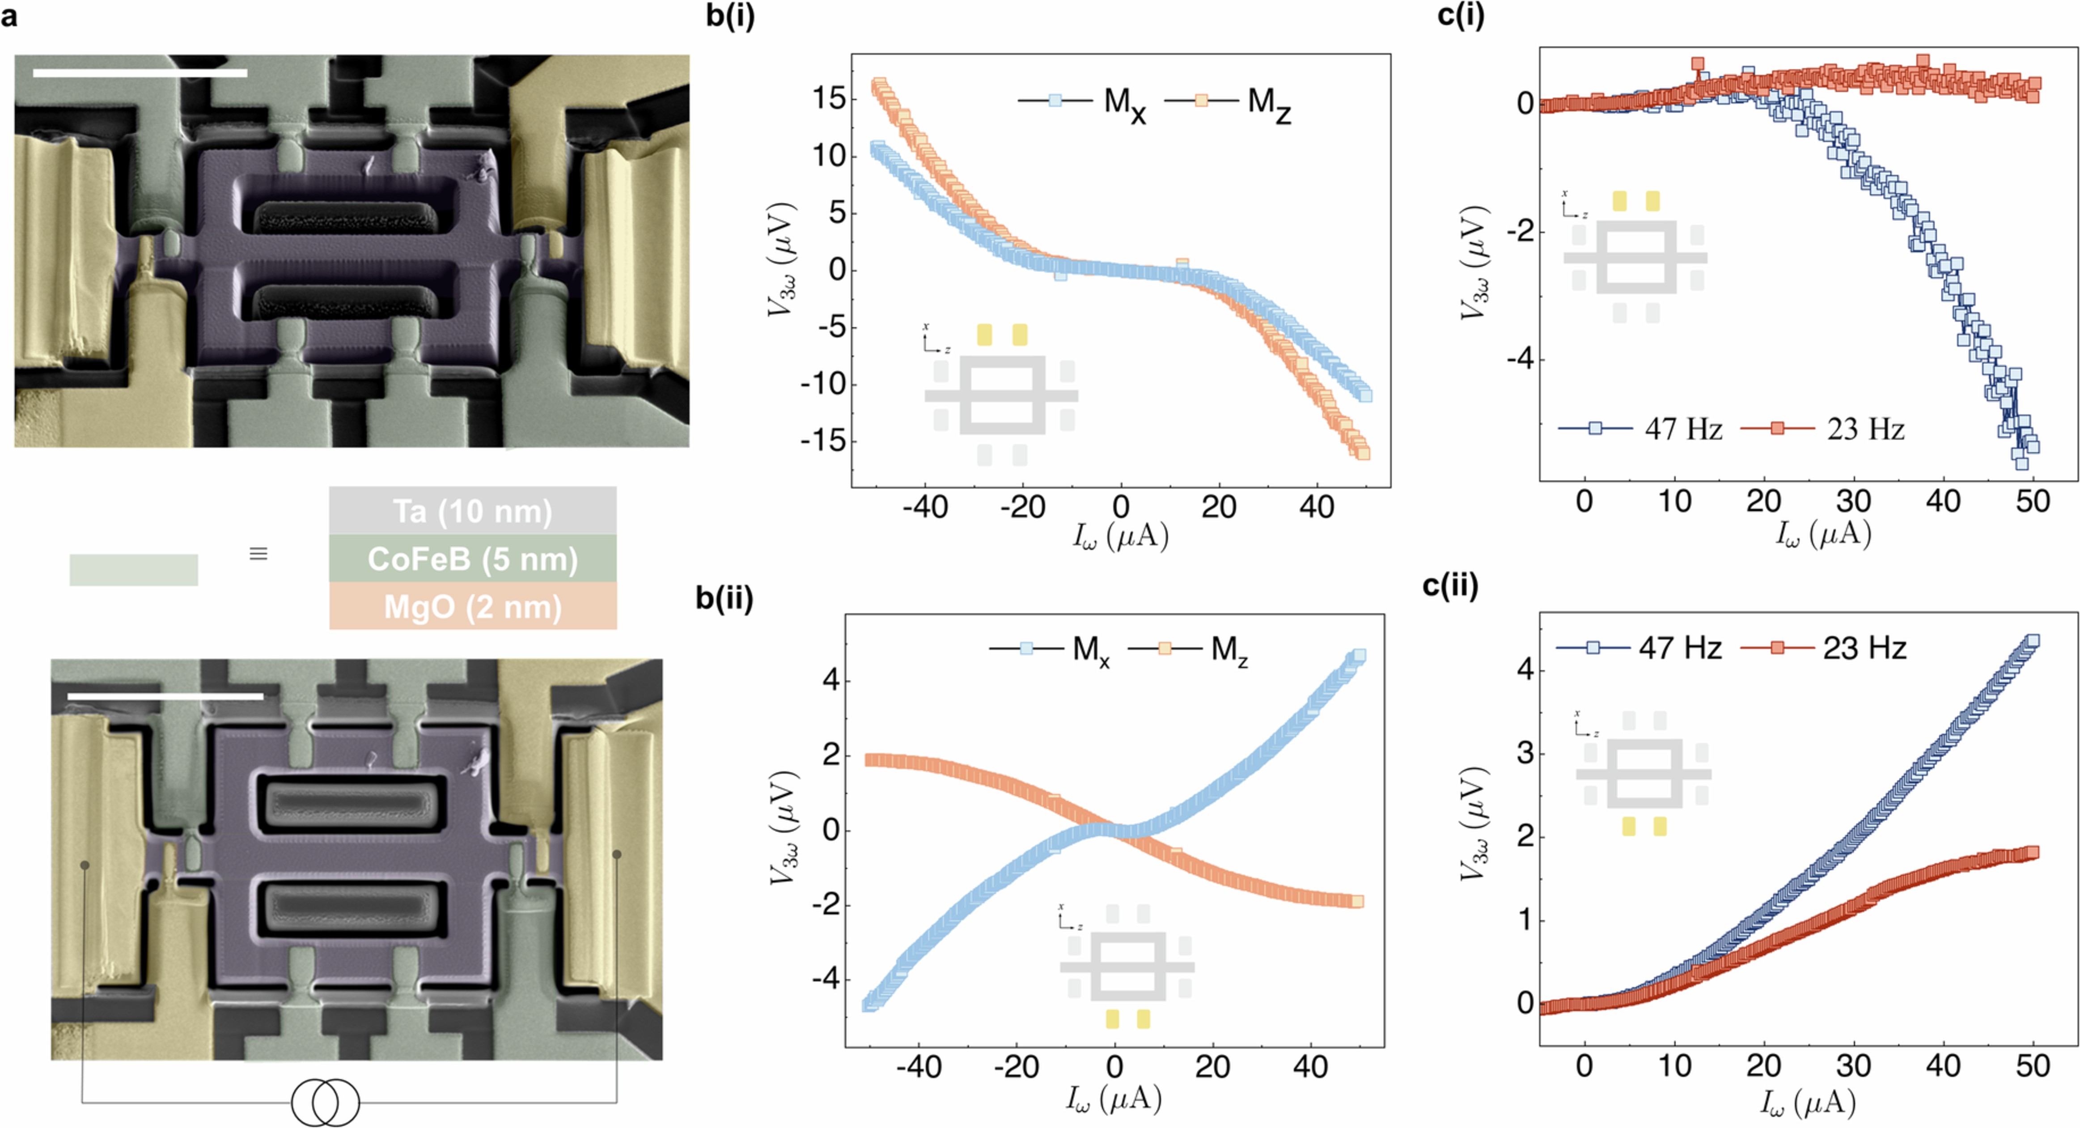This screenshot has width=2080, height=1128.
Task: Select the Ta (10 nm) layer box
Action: [472, 510]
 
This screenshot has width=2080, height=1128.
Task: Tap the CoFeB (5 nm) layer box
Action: [472, 559]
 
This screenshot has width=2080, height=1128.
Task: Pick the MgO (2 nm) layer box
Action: [472, 606]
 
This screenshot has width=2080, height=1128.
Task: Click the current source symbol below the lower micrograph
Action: [326, 1102]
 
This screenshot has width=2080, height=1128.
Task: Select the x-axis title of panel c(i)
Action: [1823, 534]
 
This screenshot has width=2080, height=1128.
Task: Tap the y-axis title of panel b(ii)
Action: [783, 829]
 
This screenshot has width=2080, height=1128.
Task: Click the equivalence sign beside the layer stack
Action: [258, 554]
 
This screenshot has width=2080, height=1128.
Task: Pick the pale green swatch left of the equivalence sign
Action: [134, 569]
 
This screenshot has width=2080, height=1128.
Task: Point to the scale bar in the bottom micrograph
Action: [165, 696]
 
